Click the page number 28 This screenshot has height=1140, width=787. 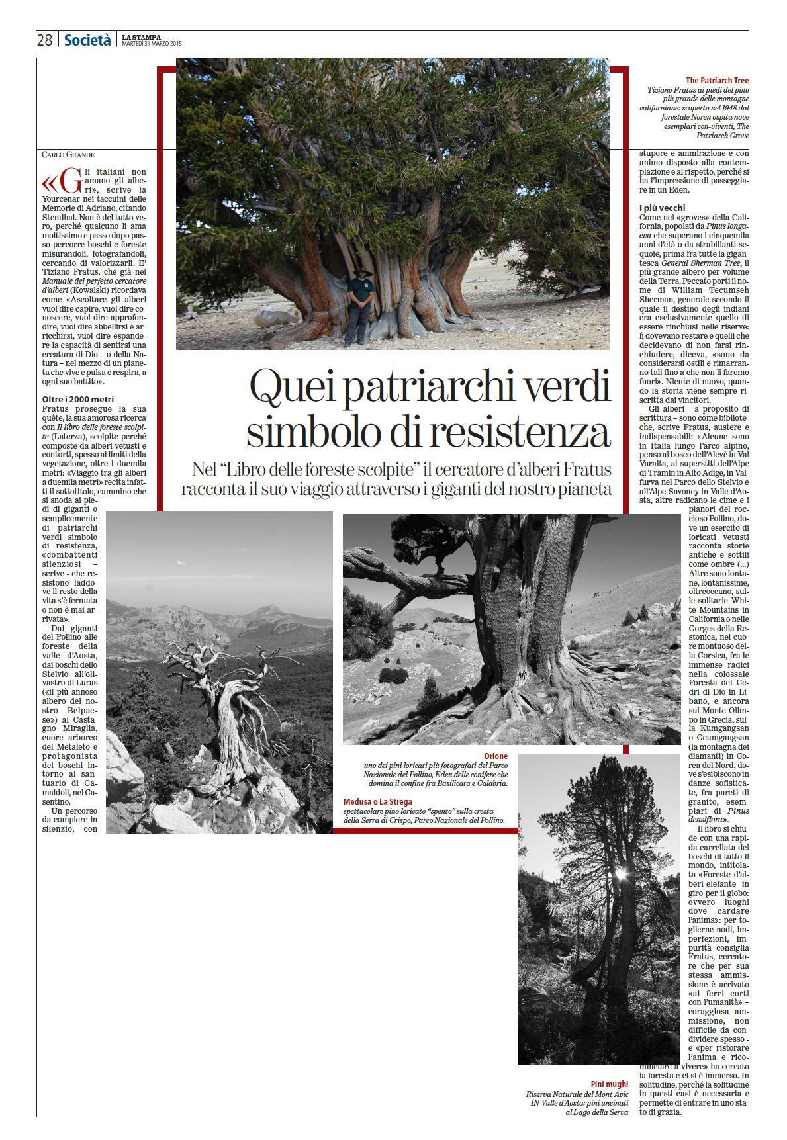(44, 40)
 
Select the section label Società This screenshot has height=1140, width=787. (87, 40)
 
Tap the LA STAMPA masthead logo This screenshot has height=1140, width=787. (141, 37)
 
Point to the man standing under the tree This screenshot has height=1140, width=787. (360, 306)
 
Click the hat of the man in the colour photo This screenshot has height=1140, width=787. (361, 271)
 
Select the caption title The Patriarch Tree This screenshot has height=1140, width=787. (717, 81)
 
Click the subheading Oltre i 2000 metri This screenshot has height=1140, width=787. (78, 400)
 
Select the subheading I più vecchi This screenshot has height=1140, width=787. (663, 208)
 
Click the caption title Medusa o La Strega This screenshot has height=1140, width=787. (378, 802)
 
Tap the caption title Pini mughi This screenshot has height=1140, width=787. (609, 1084)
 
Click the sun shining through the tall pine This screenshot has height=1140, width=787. (621, 875)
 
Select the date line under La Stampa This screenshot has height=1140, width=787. (152, 44)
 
